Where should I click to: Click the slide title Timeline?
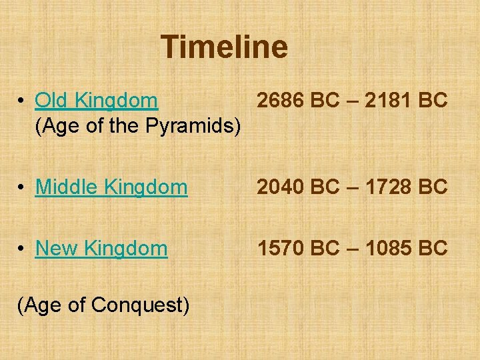point(224,47)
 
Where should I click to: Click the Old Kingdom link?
point(97,101)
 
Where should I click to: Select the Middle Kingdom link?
point(111,187)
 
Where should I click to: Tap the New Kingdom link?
point(101,249)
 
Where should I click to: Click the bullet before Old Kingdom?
point(22,101)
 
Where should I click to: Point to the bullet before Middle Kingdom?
point(22,188)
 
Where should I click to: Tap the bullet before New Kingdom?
point(22,249)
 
